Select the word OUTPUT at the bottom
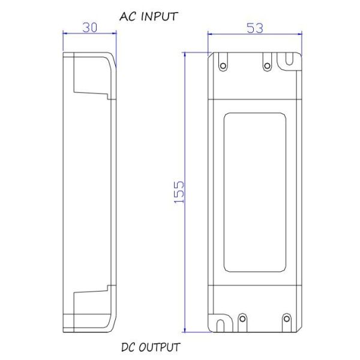(x=159, y=347)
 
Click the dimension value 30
(x=89, y=28)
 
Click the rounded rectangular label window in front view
(x=254, y=191)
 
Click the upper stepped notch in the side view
(x=90, y=84)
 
